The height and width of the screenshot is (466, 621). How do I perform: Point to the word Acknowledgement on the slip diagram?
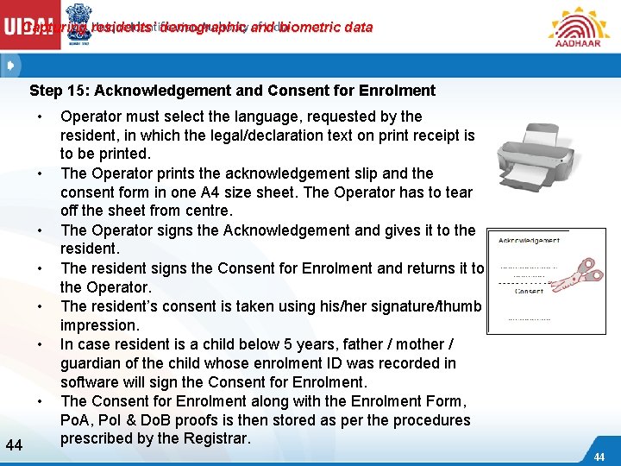pyautogui.click(x=529, y=240)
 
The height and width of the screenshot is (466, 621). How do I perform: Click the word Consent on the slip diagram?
pyautogui.click(x=529, y=291)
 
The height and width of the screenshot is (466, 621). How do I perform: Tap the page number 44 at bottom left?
pyautogui.click(x=14, y=445)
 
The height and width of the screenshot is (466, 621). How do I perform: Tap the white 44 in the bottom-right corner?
pyautogui.click(x=599, y=456)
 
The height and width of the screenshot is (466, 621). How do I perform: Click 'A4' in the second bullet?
pyautogui.click(x=228, y=192)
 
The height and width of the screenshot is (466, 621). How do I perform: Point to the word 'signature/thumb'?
pyautogui.click(x=422, y=306)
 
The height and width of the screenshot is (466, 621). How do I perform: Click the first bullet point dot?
pyautogui.click(x=40, y=116)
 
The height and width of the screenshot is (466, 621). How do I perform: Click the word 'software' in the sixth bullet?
pyautogui.click(x=90, y=382)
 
